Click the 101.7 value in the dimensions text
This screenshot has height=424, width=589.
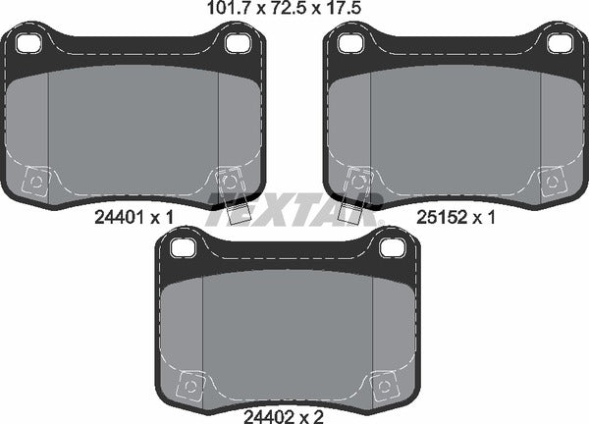224,11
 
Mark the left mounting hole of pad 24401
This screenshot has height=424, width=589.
29,43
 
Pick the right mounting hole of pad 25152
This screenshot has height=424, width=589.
559,43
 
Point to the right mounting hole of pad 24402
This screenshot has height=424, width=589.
390,248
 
